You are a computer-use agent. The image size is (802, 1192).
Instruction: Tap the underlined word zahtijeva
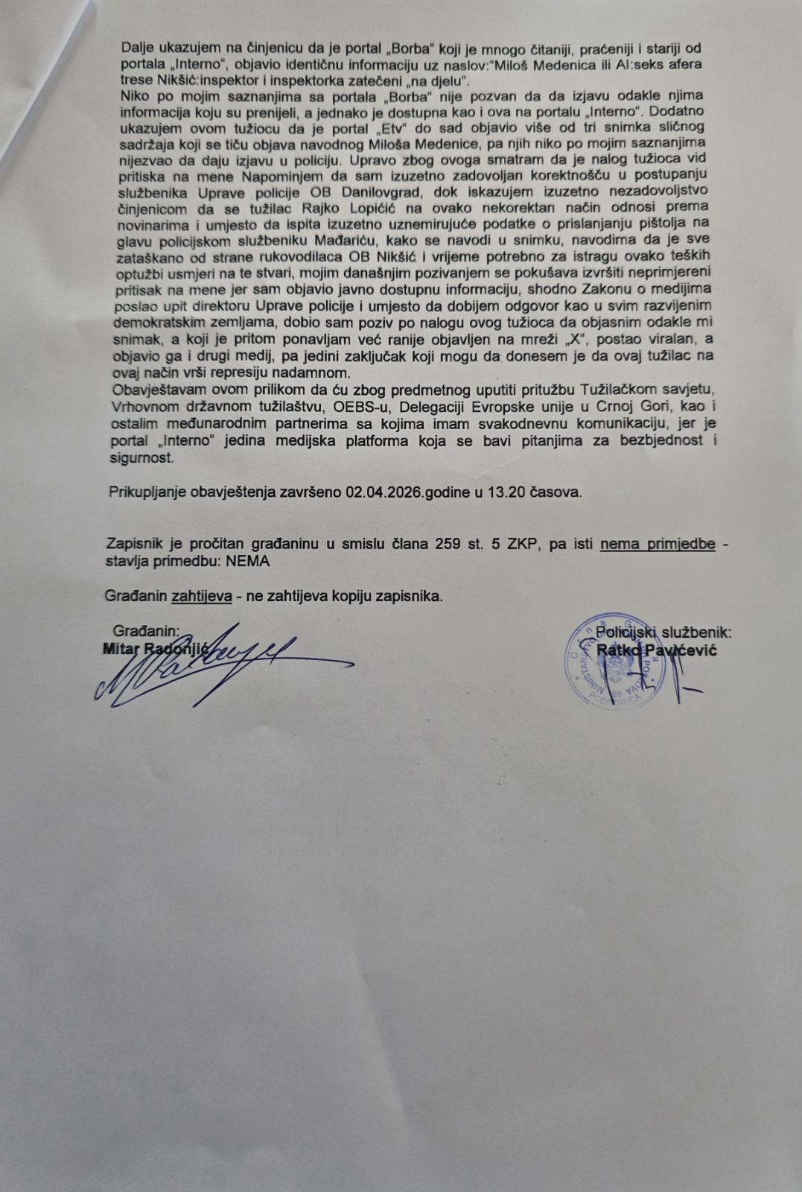pyautogui.click(x=201, y=596)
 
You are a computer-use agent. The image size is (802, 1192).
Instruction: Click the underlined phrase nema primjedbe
pyautogui.click(x=658, y=544)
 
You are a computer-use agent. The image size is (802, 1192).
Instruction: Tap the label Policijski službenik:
pyautogui.click(x=663, y=633)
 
